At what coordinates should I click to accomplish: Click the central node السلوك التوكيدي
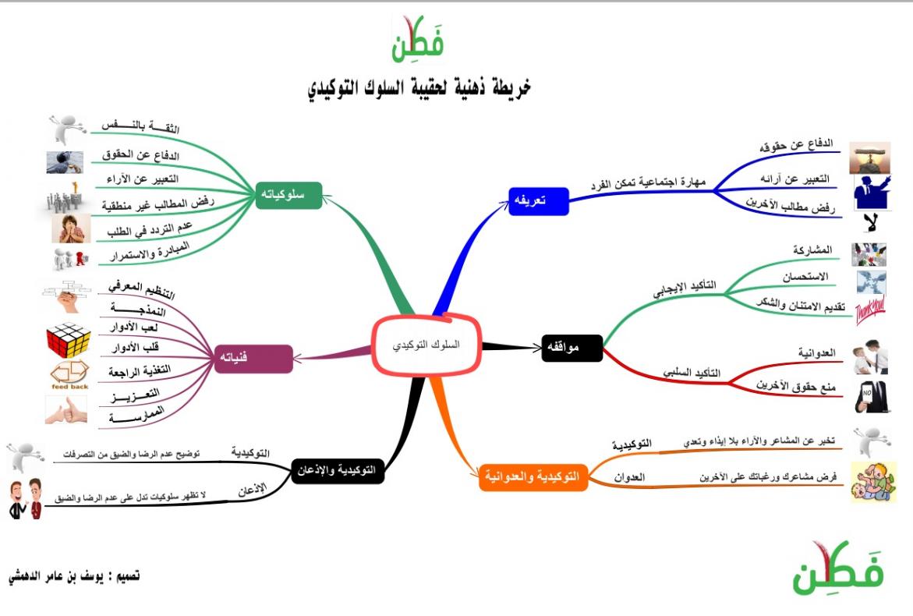coord(426,345)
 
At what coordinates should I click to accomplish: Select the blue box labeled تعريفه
coord(538,201)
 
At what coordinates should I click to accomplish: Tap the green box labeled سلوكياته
coord(288,195)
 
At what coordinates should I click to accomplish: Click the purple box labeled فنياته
coord(254,358)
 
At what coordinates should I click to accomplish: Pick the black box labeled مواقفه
coord(572,348)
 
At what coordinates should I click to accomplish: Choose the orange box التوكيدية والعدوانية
coord(533,477)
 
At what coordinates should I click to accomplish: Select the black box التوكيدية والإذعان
coord(337,470)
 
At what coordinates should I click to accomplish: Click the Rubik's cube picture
coord(68,339)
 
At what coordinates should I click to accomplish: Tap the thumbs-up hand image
coord(65,410)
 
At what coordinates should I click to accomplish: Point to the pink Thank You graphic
coord(870,309)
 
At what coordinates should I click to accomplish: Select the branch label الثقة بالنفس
coord(140,126)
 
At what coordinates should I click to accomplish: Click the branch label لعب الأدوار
coord(135,327)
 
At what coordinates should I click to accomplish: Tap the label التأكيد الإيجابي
coord(685,288)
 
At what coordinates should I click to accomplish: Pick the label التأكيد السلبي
coord(691,372)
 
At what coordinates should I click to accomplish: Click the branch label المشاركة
coord(812,250)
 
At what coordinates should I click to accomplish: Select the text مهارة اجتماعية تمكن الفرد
coord(648,182)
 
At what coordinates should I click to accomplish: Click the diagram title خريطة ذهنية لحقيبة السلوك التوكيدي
coord(419,87)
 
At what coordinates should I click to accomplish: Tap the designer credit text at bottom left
coord(74,576)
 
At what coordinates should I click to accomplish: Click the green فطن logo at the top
coord(417,39)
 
